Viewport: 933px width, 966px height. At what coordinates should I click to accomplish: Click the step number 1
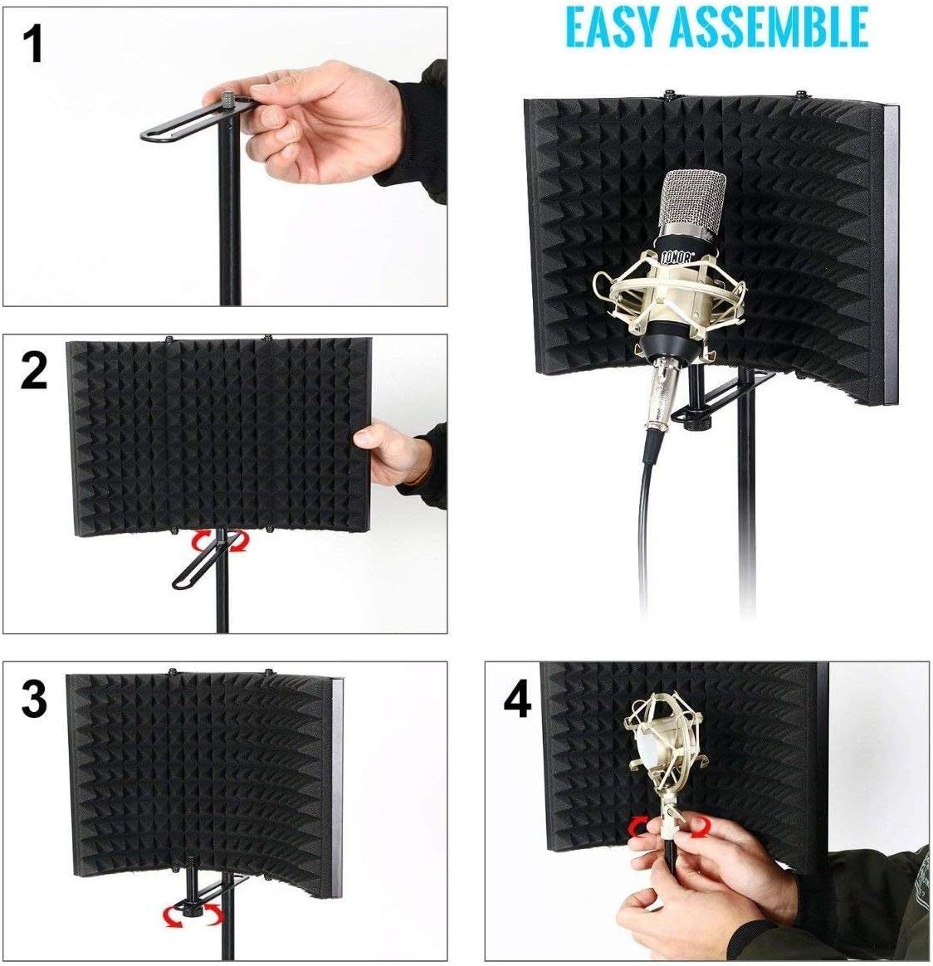tap(32, 44)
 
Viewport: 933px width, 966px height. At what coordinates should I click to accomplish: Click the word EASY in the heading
tap(615, 27)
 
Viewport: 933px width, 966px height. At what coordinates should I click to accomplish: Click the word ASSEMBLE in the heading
tap(769, 27)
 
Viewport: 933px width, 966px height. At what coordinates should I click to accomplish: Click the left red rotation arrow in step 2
tap(202, 542)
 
